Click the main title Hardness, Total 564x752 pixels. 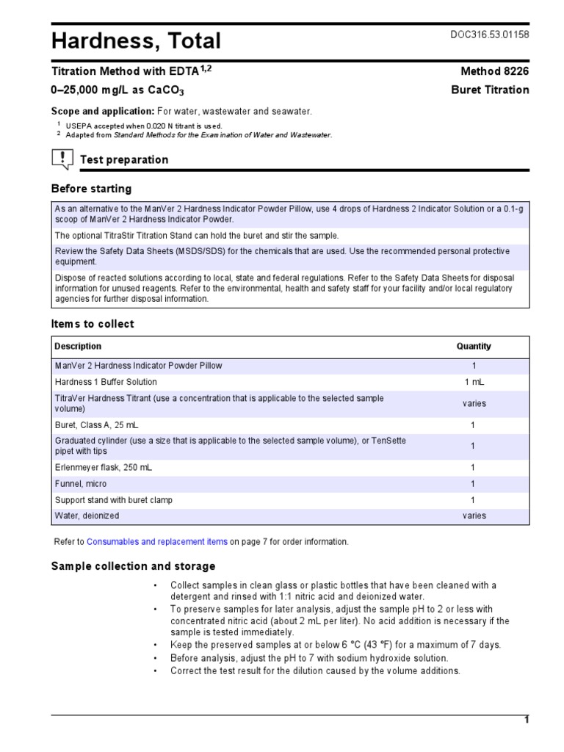point(136,41)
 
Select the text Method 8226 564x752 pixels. point(493,71)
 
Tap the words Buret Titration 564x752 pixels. point(489,90)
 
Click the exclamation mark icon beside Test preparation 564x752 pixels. point(62,159)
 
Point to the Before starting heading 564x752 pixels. point(91,189)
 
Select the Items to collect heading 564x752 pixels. point(93,324)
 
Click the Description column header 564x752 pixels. point(79,347)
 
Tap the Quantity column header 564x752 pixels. point(474,347)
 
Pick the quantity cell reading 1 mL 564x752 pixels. point(474,383)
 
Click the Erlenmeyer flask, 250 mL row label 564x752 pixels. point(104,468)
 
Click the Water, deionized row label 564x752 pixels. point(87,516)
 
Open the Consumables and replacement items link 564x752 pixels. point(157,542)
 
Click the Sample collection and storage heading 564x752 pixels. point(133,566)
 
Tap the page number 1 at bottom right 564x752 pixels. point(526,720)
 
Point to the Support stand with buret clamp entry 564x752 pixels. point(114,500)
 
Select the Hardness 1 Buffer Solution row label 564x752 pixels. point(106,383)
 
